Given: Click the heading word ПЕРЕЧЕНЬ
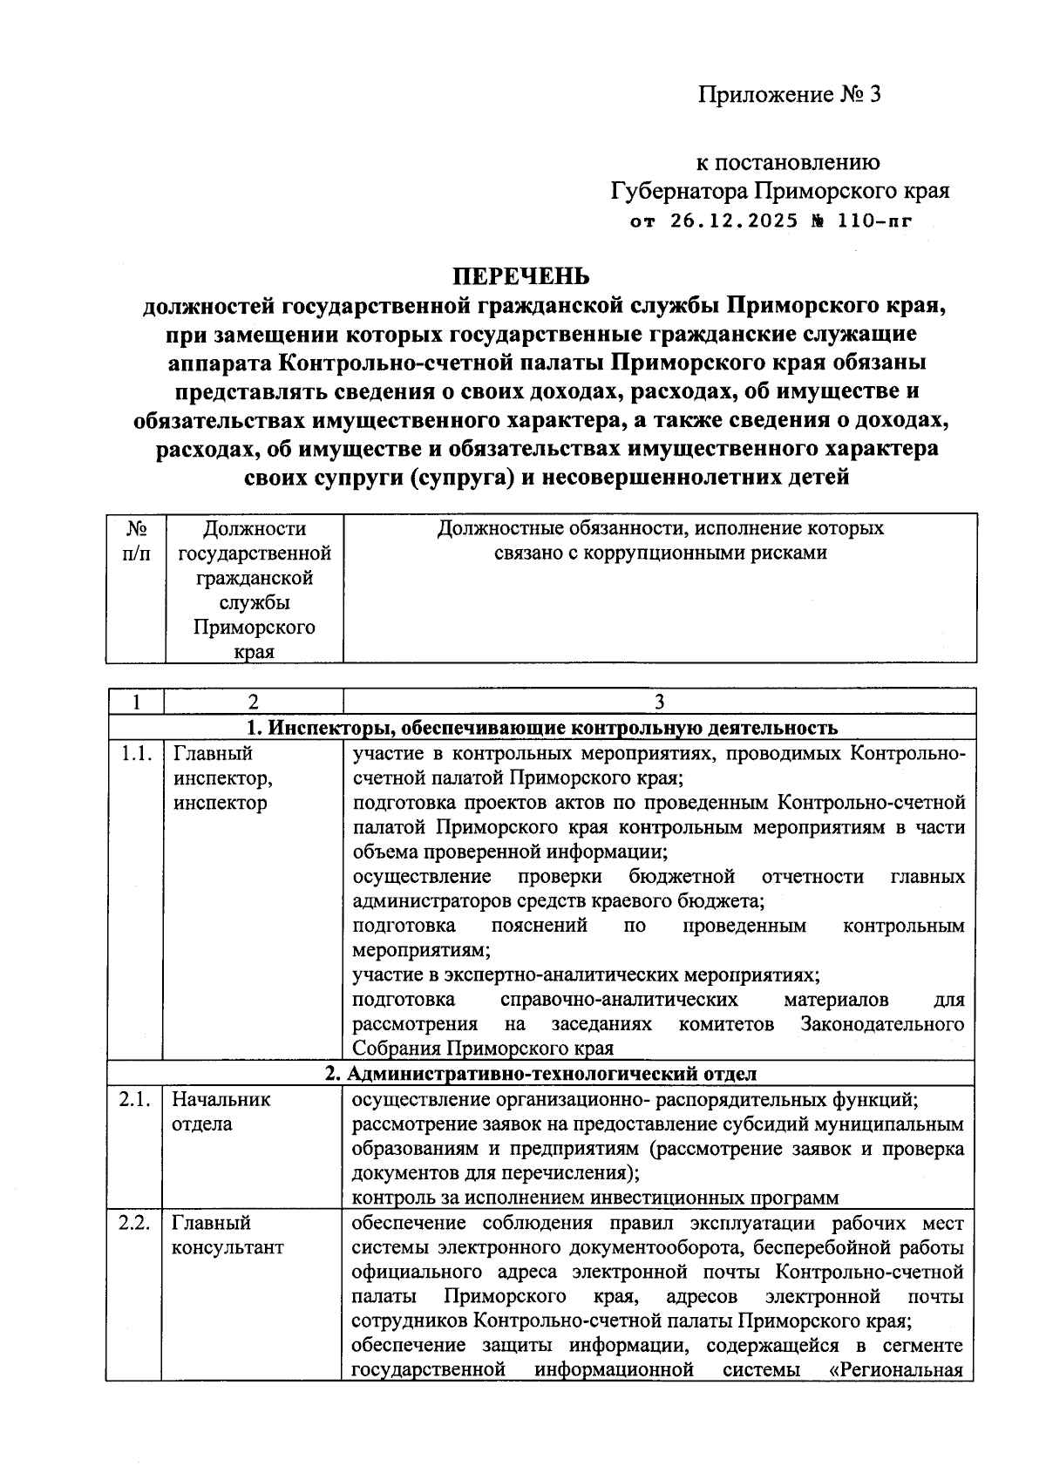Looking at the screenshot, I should click(520, 277).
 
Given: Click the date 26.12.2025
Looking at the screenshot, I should click(734, 221).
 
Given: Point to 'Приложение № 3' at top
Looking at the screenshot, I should click(789, 94).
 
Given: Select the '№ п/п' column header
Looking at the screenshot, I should click(136, 540).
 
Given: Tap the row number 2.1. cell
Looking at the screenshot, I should click(135, 1099).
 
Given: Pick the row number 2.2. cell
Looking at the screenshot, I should click(135, 1222).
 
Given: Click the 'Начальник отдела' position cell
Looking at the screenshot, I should click(221, 1111).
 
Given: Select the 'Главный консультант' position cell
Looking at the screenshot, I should click(227, 1234).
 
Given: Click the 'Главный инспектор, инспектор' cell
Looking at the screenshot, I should click(221, 777).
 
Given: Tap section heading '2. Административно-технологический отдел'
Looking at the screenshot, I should click(540, 1074).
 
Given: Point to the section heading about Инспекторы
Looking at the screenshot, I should click(542, 728).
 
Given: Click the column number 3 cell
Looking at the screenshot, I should click(659, 703).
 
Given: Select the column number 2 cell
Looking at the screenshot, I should click(252, 703).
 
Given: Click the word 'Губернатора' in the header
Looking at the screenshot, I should click(679, 190).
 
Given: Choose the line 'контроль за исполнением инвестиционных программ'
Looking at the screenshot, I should click(595, 1198).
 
